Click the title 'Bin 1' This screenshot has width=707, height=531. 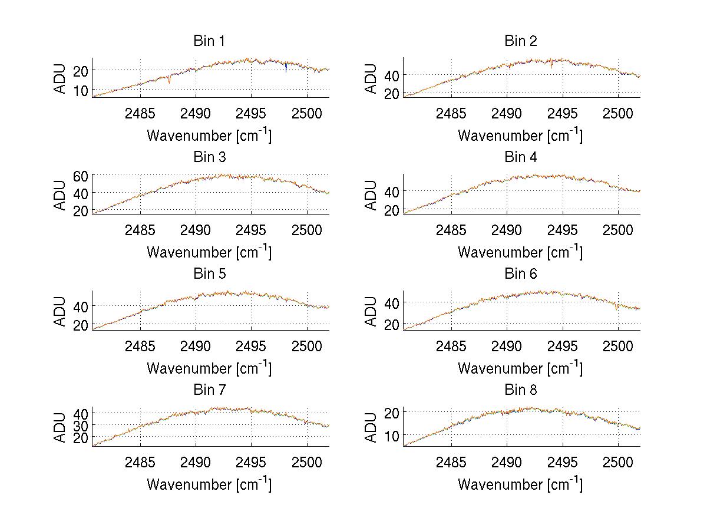click(x=209, y=41)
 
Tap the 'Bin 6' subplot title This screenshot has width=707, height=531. click(x=520, y=274)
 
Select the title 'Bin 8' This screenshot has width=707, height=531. click(x=520, y=390)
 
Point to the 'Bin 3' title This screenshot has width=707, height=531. click(x=209, y=157)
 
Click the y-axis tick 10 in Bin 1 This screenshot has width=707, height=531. click(x=81, y=90)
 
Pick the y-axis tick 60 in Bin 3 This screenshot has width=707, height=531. click(x=81, y=175)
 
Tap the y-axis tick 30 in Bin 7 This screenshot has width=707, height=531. click(x=81, y=425)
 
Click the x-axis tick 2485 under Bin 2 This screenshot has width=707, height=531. click(x=451, y=113)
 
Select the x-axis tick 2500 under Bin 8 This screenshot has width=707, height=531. click(x=617, y=462)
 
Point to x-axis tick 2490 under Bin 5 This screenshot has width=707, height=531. click(x=196, y=346)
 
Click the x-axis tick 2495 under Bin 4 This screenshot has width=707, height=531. click(x=562, y=229)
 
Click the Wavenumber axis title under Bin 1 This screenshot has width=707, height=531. click(x=209, y=135)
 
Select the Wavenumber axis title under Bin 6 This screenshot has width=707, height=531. click(x=520, y=368)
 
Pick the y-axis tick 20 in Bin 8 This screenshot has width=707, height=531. click(x=392, y=412)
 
